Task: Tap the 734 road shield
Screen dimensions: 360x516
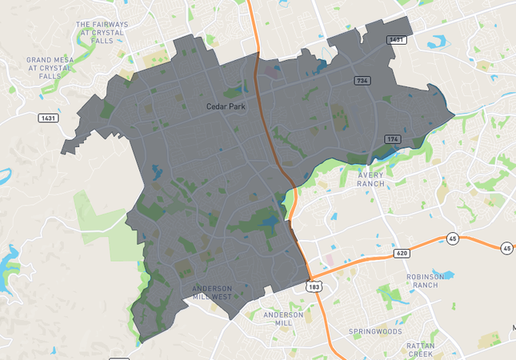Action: click(x=362, y=81)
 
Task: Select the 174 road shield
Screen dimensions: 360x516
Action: click(x=391, y=139)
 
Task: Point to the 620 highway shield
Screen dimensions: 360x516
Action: click(x=402, y=254)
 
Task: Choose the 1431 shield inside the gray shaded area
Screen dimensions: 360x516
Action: click(x=395, y=39)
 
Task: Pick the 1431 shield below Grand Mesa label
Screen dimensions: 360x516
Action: click(x=48, y=118)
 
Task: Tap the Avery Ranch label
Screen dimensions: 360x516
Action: click(x=370, y=179)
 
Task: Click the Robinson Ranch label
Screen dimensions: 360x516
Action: click(x=424, y=281)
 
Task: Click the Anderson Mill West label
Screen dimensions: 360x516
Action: click(x=212, y=292)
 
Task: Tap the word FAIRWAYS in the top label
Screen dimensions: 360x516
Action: click(x=108, y=25)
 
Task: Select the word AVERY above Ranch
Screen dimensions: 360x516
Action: click(x=371, y=175)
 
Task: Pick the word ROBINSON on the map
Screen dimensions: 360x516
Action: click(x=424, y=277)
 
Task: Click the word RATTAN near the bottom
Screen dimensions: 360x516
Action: click(x=420, y=345)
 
